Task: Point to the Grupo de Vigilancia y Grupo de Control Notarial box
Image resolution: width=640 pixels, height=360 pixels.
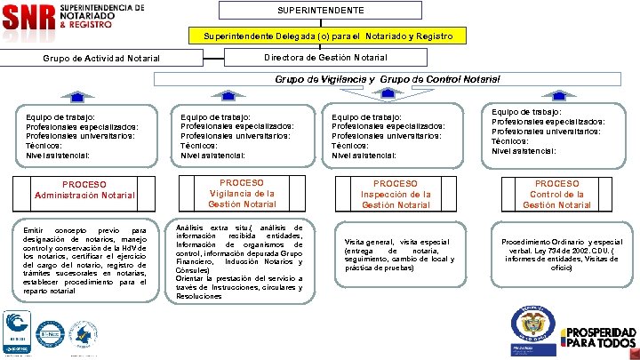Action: coord(387,79)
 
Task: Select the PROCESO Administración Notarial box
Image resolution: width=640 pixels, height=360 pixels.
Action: coord(85,189)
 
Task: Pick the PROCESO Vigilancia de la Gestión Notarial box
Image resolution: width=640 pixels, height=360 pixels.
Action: coord(242,193)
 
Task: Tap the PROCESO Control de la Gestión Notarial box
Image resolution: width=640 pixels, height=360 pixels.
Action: coord(556,194)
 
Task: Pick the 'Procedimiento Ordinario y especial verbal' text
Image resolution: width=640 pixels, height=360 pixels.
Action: coord(561,253)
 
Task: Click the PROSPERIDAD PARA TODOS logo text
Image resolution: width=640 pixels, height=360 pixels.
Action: coord(601,337)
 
